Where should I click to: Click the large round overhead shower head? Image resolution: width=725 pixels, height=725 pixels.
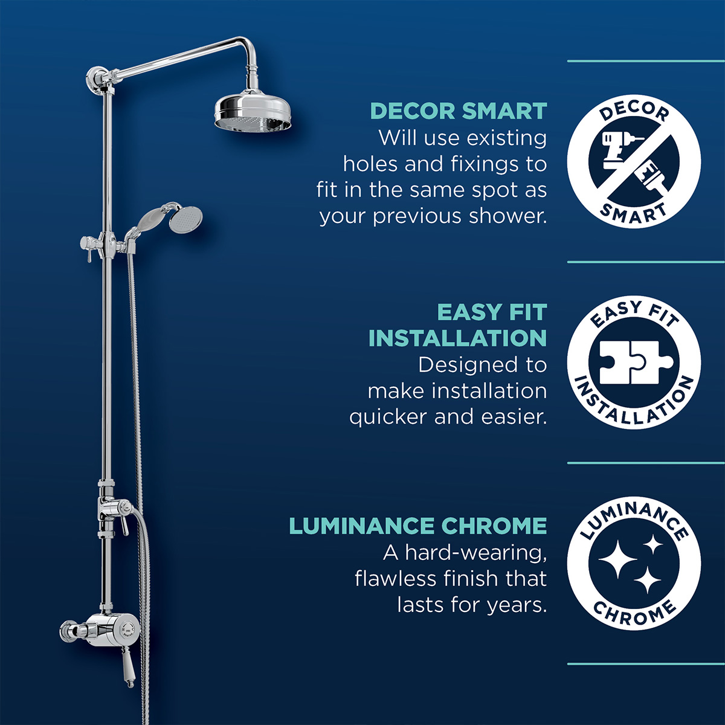point(253,111)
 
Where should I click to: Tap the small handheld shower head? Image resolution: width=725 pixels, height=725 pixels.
point(185,219)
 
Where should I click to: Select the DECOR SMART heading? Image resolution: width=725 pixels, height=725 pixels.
point(458,112)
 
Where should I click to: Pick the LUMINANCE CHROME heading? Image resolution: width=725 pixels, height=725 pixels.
point(417,526)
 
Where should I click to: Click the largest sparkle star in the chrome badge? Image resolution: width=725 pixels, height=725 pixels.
point(617,558)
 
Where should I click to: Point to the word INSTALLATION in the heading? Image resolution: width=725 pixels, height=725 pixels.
point(457,338)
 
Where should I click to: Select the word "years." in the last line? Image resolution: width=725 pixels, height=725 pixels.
point(520,605)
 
